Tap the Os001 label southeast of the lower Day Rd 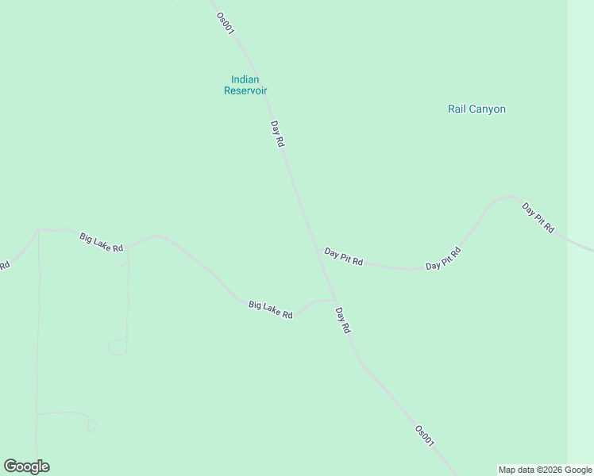click(425, 436)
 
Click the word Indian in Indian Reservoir click(245, 79)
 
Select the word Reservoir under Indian click(245, 90)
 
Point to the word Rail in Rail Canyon click(457, 109)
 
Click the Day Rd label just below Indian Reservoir click(277, 133)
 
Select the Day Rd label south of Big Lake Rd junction click(342, 320)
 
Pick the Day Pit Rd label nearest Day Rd click(344, 256)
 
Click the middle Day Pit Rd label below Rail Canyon click(443, 259)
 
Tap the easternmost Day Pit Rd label click(538, 217)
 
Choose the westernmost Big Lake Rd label click(102, 242)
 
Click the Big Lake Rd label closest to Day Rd click(271, 309)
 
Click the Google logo click(26, 466)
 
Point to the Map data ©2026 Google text click(545, 470)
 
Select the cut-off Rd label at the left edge click(4, 265)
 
